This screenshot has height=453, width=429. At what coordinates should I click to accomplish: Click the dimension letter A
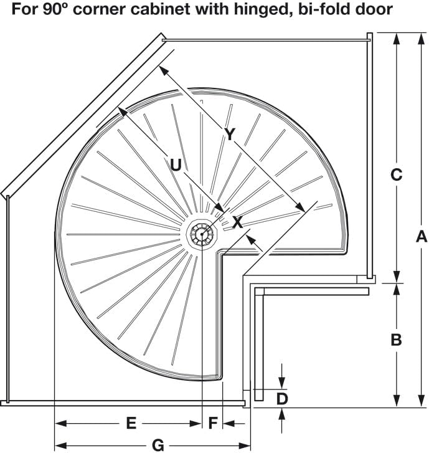421,237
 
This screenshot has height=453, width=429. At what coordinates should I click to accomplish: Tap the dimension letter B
396,340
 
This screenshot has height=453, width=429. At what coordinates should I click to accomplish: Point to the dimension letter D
282,398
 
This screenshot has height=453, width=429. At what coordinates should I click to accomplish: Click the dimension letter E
131,424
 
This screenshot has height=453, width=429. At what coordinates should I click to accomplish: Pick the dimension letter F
213,424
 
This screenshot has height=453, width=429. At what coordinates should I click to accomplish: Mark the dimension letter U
176,165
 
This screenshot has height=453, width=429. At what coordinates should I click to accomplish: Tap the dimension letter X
237,222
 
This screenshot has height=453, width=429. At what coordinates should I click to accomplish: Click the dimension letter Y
230,134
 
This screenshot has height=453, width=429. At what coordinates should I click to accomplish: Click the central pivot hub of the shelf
201,235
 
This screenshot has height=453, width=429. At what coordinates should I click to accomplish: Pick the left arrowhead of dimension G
59,445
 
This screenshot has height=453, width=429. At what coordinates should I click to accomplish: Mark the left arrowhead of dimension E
59,424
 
